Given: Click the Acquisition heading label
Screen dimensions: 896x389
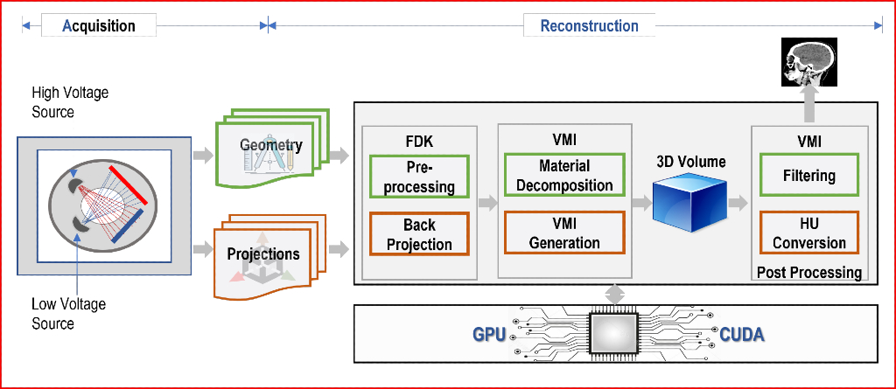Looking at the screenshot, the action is point(99,25).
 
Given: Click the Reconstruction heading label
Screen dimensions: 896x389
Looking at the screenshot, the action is point(589,25).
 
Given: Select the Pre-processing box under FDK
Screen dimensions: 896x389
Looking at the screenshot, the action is point(419,177).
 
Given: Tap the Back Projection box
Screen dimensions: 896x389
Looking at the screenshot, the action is point(419,233).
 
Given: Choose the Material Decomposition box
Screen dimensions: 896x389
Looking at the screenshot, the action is point(564,176).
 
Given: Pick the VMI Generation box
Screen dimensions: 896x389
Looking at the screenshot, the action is point(564,233).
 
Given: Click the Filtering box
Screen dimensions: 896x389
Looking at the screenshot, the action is point(809,175).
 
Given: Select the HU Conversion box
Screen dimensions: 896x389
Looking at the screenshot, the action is point(809,233).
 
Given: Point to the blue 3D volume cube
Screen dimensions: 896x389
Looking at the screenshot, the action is point(689,202).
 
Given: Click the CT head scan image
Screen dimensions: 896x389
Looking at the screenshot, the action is point(809,62).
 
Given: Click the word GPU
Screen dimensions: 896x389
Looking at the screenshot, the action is point(490,335).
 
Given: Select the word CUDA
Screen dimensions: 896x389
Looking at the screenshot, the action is point(742,335).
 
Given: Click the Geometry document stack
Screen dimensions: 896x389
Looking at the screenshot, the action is point(271,149).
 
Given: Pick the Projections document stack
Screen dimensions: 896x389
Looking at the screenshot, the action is point(269,256).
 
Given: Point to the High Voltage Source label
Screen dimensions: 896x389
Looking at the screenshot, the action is point(70,102).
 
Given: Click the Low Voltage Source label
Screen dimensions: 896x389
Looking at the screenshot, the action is point(68,314).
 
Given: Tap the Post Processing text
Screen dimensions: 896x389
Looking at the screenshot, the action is point(809,273).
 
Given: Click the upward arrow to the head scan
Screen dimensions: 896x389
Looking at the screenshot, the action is point(809,105).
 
